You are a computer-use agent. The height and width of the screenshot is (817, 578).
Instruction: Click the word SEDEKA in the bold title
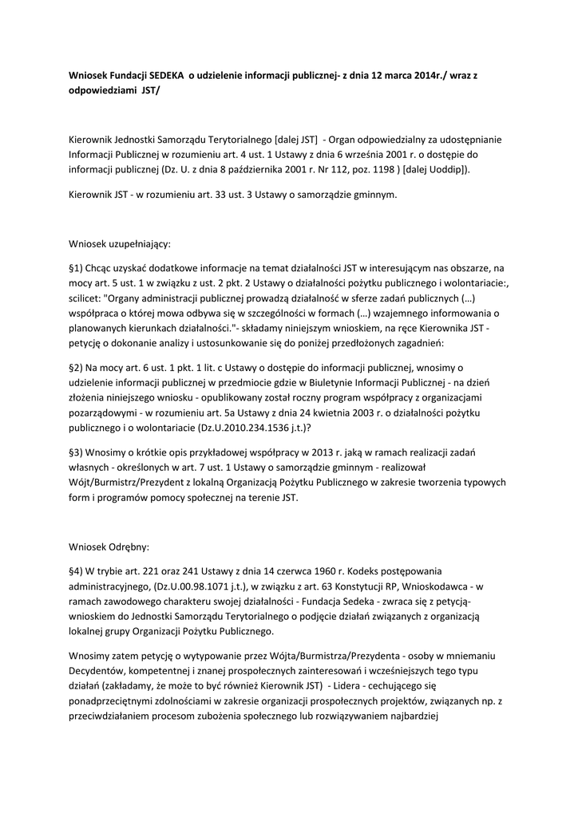pos(164,74)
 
